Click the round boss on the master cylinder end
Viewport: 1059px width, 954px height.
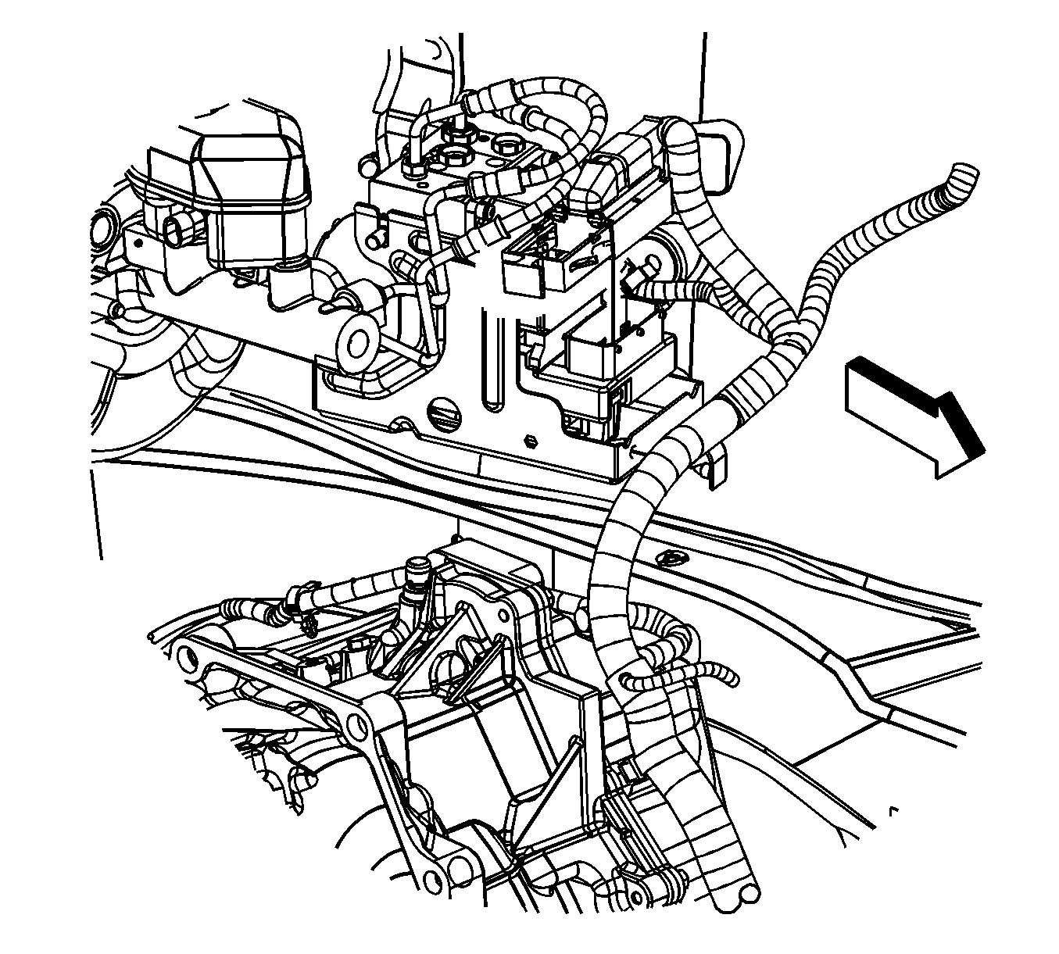360,342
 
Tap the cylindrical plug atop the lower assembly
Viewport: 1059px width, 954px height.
418,570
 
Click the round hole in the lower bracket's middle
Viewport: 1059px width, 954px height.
357,726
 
